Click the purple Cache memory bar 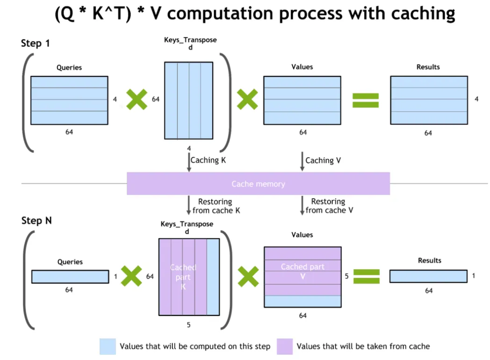[x=258, y=183]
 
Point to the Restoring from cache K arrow [x=189, y=205]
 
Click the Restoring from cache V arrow [x=303, y=205]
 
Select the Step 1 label [x=36, y=43]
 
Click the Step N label [x=36, y=221]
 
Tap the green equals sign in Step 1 [x=365, y=100]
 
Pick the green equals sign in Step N [x=366, y=276]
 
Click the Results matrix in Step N [x=428, y=276]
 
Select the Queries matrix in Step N [x=70, y=277]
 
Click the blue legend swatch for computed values [x=108, y=346]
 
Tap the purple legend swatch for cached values [x=284, y=346]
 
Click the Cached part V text [x=302, y=271]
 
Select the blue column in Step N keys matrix [x=213, y=277]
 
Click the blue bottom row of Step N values [x=302, y=301]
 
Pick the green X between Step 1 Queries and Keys [x=137, y=100]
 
